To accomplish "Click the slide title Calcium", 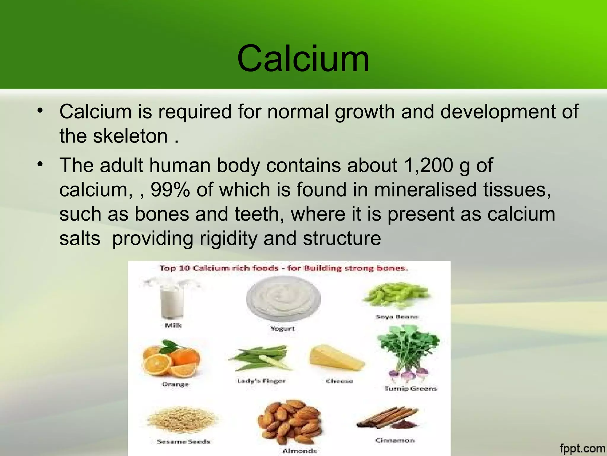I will pos(303,58).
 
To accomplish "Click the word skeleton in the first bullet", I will pos(130,136).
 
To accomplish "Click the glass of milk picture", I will pos(172,300).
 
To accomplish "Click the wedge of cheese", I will pos(336,359).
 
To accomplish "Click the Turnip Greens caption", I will pos(411,389).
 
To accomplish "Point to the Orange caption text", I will pos(175,384).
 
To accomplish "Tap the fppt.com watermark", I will pos(582,448).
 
